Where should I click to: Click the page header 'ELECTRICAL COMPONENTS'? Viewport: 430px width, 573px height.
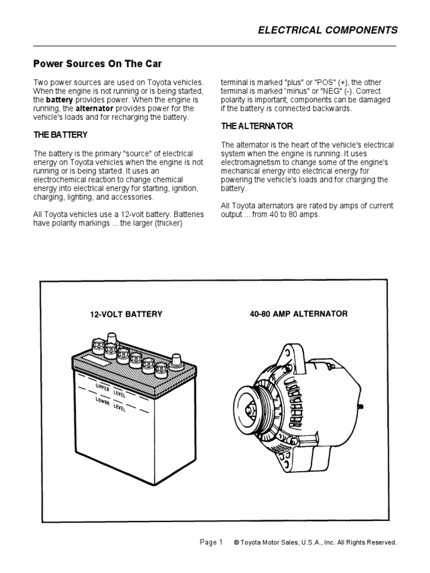[328, 30]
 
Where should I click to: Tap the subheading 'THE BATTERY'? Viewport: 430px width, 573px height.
[60, 135]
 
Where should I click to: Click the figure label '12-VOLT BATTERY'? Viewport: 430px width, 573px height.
[126, 314]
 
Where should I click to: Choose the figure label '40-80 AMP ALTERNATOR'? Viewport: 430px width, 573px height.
[298, 314]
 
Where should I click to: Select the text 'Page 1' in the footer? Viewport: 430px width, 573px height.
[211, 542]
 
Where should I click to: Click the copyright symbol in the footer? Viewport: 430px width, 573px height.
[236, 542]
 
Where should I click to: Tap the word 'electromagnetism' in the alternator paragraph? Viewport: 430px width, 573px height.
[250, 162]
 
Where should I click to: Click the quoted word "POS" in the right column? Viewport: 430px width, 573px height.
[328, 82]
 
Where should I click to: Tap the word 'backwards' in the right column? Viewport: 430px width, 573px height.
[335, 109]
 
